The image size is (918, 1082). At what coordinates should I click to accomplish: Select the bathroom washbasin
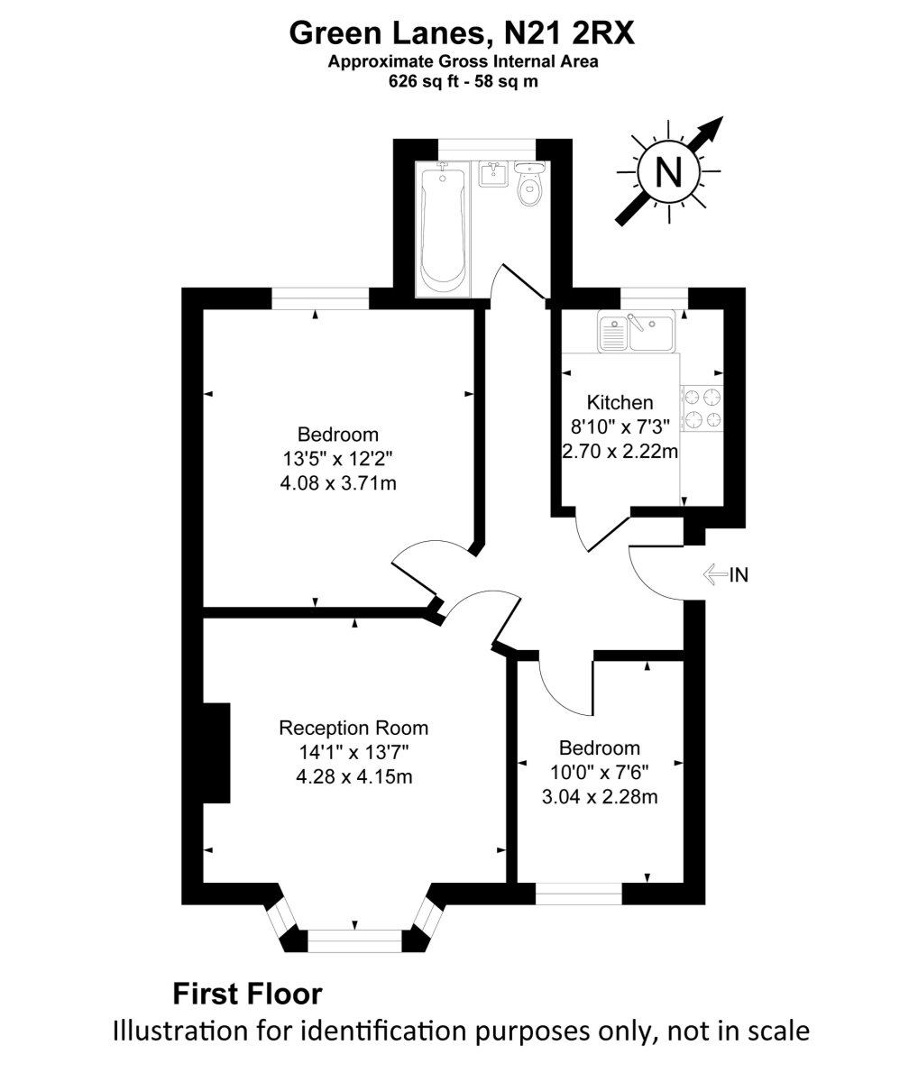pyautogui.click(x=491, y=174)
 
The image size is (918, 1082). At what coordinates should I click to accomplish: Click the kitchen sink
pyautogui.click(x=638, y=332)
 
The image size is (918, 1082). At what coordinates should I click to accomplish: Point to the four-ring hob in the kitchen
pyautogui.click(x=702, y=407)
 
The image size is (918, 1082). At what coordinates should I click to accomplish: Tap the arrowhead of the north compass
pyautogui.click(x=715, y=126)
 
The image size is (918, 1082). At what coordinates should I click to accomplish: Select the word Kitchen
pyautogui.click(x=620, y=402)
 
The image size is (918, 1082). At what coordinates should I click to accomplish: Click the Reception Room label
pyautogui.click(x=353, y=729)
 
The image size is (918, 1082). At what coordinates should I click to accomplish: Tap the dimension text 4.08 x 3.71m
pyautogui.click(x=338, y=483)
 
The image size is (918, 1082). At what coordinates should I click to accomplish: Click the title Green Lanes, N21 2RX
pyautogui.click(x=462, y=33)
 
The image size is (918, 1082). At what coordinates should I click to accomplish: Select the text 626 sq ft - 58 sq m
pyautogui.click(x=463, y=80)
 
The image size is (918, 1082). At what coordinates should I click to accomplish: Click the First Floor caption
pyautogui.click(x=246, y=995)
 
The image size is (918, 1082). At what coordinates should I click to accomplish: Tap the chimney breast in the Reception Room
pyautogui.click(x=217, y=753)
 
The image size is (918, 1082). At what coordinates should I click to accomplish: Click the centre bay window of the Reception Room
pyautogui.click(x=355, y=940)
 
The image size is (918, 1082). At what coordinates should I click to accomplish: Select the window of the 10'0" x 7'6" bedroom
pyautogui.click(x=579, y=894)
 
